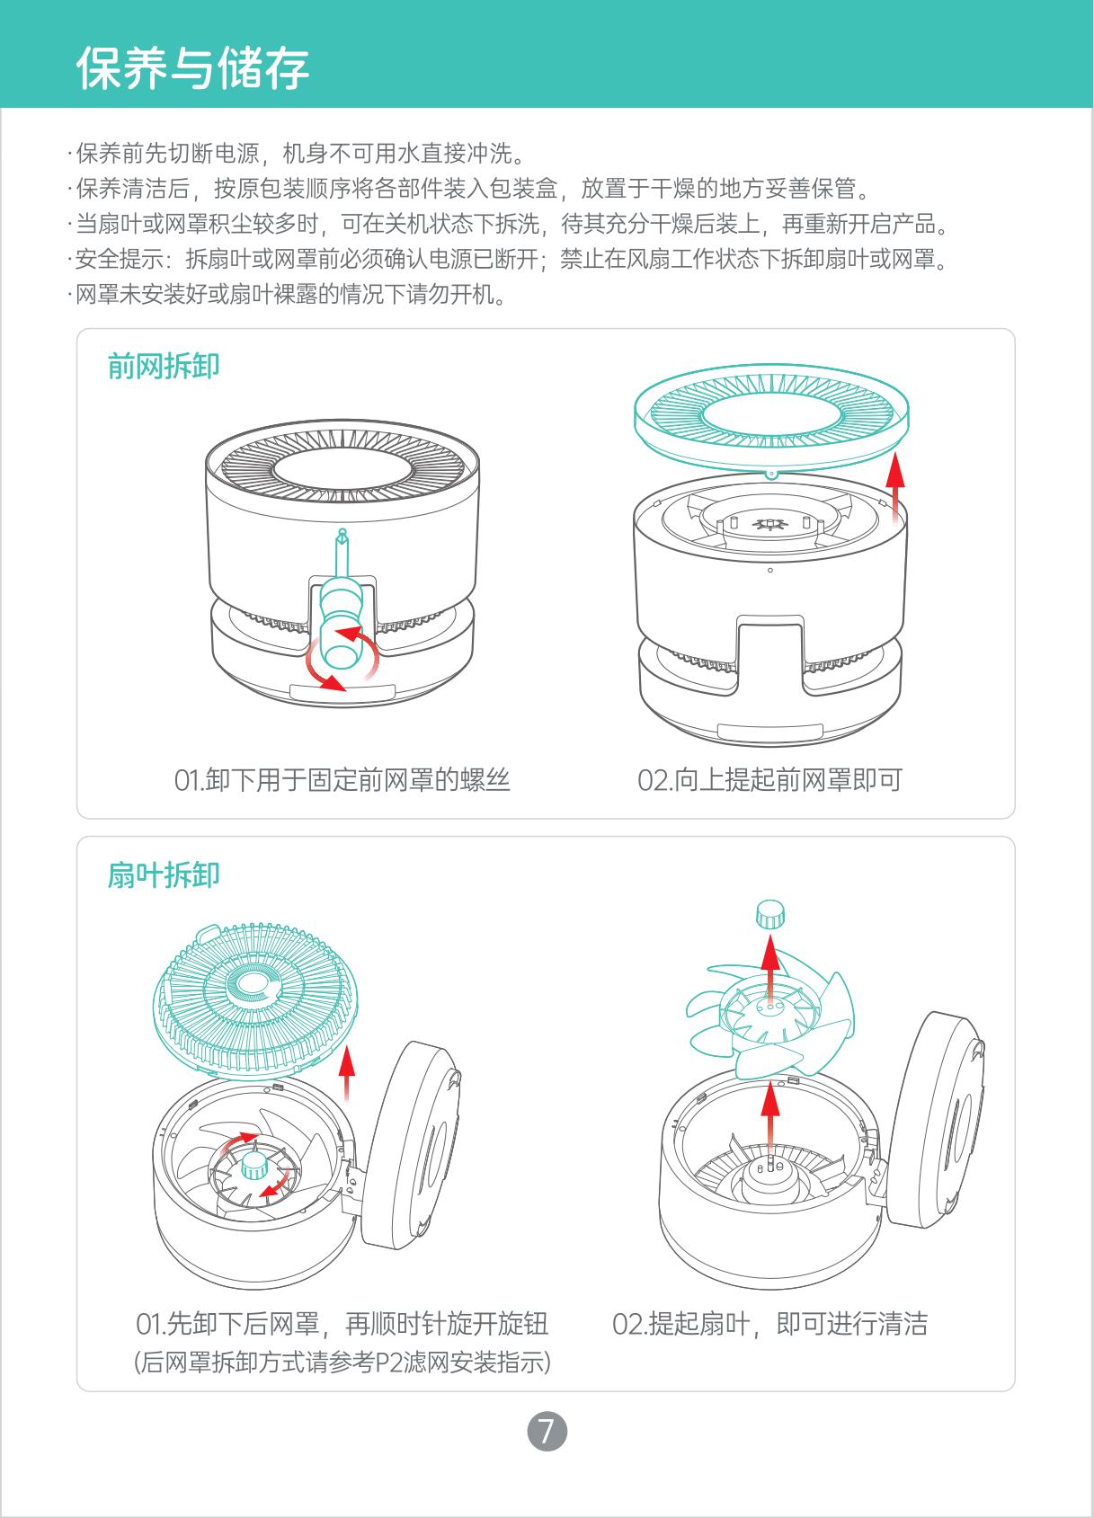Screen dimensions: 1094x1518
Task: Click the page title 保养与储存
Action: [193, 67]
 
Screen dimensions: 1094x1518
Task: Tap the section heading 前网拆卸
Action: [164, 367]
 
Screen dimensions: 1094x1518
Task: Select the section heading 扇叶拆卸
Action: [164, 874]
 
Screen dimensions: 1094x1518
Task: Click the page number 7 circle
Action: [547, 1431]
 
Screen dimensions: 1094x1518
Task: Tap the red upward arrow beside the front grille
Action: [896, 484]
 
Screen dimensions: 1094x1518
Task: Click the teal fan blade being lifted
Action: [770, 1013]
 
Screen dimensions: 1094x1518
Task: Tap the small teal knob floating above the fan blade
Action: [770, 914]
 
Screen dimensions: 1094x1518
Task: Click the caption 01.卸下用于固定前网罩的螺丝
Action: [342, 780]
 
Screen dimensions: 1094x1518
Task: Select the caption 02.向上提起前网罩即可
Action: [770, 780]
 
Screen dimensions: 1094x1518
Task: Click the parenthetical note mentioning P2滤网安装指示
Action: [342, 1362]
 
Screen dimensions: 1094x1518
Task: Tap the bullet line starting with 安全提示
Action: [509, 259]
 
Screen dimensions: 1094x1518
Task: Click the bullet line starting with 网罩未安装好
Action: [287, 295]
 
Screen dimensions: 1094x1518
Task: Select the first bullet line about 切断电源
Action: [297, 154]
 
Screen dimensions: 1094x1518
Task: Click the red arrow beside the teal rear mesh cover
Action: [347, 1073]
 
